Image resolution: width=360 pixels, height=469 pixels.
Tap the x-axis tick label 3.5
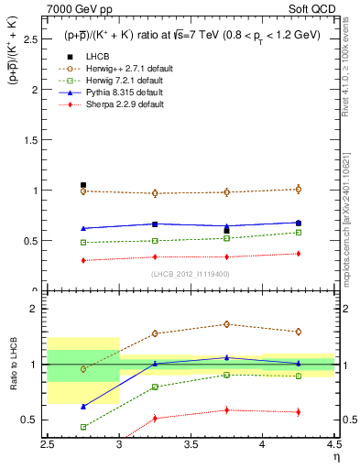pyautogui.click(x=191, y=444)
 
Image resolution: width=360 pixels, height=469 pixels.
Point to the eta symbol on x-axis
pyautogui.click(x=336, y=457)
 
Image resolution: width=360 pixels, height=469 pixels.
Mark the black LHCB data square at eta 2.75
pyautogui.click(x=83, y=185)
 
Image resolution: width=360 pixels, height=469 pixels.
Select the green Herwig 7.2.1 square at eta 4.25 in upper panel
pyautogui.click(x=298, y=233)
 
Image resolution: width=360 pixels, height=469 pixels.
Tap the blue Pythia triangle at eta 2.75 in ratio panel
pyautogui.click(x=83, y=406)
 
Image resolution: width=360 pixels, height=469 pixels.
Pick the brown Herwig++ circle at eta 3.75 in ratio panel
pyautogui.click(x=226, y=323)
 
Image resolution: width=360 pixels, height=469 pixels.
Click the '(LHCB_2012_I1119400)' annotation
pyautogui.click(x=190, y=274)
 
